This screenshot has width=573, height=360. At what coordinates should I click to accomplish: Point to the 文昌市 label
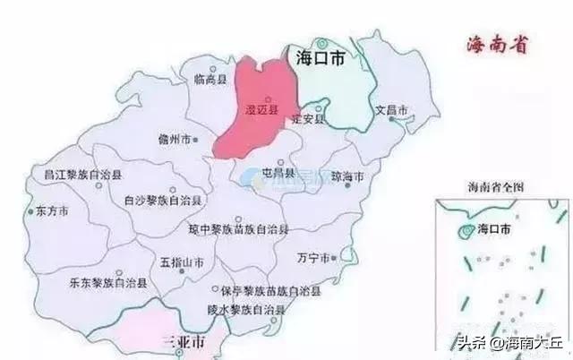tap(391, 110)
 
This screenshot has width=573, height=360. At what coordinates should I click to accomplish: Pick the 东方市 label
tap(53, 212)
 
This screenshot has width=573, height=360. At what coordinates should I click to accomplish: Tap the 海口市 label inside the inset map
tap(495, 229)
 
